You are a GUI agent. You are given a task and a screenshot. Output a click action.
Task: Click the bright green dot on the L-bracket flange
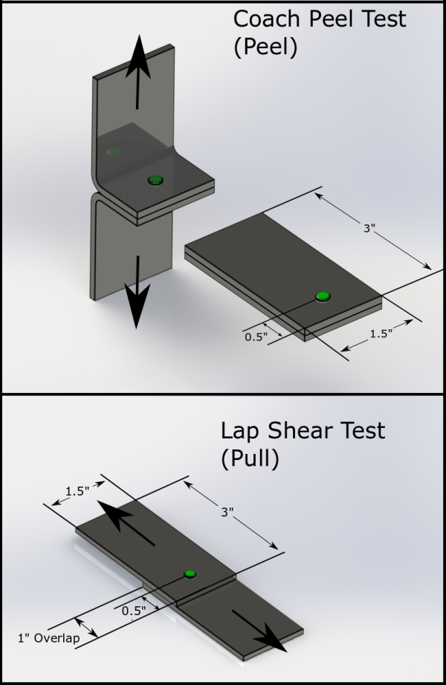click(x=155, y=180)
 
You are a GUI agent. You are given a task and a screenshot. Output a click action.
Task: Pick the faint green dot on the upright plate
click(x=113, y=152)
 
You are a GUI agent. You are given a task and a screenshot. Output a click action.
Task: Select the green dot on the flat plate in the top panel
click(x=322, y=296)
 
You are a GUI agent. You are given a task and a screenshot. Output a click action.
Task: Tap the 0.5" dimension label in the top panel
click(x=256, y=336)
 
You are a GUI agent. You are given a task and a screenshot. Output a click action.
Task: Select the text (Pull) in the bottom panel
click(x=249, y=459)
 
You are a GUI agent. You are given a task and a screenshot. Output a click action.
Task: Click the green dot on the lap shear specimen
click(x=190, y=574)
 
